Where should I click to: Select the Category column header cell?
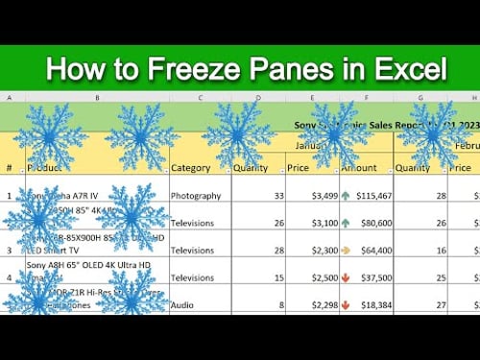tap(191, 168)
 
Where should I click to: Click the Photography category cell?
tap(196, 196)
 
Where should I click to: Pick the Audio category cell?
tap(184, 304)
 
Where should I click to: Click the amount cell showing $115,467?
tap(369, 196)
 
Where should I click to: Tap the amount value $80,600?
tap(372, 223)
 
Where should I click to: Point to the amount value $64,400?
tap(372, 250)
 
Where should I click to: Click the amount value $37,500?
tap(372, 277)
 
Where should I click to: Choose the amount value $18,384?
tap(372, 304)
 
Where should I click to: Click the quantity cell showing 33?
tap(279, 196)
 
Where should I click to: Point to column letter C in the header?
tap(200, 98)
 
